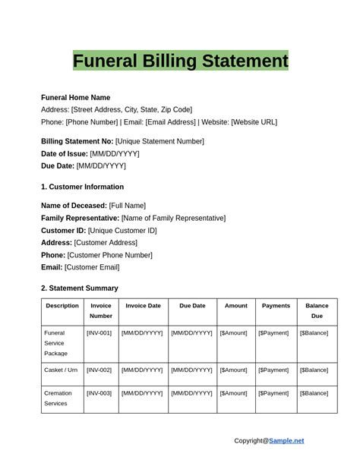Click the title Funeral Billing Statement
click(x=180, y=61)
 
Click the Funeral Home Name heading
click(x=75, y=97)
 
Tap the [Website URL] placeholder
click(x=254, y=121)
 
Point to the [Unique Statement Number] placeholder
click(x=159, y=141)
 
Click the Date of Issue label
click(x=64, y=153)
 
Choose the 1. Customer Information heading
click(x=82, y=187)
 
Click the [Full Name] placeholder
click(x=127, y=206)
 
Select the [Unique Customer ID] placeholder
click(x=122, y=230)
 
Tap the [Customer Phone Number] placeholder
click(x=109, y=255)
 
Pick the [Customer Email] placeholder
click(x=92, y=267)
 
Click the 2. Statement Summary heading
click(x=79, y=288)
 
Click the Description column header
click(x=62, y=306)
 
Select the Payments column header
click(x=276, y=306)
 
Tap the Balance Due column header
click(x=317, y=310)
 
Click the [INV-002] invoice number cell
click(x=99, y=370)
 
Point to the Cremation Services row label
click(x=58, y=398)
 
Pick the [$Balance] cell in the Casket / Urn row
click(x=314, y=370)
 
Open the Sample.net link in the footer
click(x=286, y=440)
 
